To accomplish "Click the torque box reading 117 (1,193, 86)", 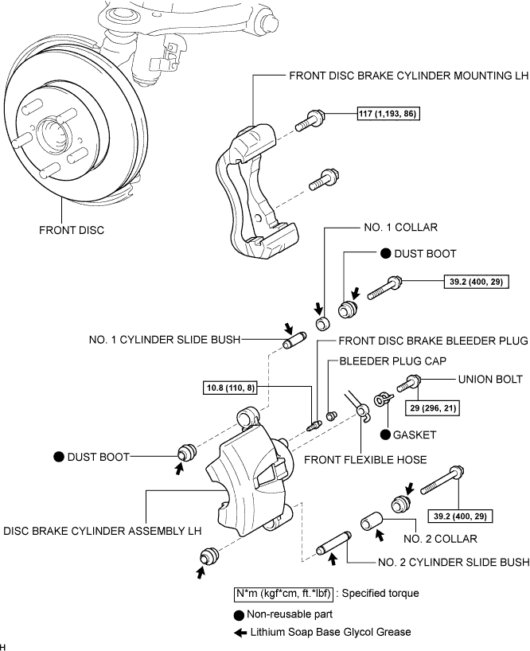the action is coord(388,113).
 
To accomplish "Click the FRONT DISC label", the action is coord(72,230).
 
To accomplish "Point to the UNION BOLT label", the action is coord(490,379).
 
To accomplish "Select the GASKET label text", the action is coord(414,435).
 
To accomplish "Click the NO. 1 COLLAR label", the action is coord(400,227).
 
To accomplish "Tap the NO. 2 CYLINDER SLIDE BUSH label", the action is coord(454,562).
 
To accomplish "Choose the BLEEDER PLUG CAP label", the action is coord(392,361).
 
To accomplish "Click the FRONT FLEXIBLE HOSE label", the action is coord(365,460).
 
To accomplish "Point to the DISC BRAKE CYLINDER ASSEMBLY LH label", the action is coord(103,531).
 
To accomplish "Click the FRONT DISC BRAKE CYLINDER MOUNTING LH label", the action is coord(409,76).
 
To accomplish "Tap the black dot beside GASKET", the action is coord(386,435).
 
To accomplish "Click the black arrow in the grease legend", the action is coord(240,633).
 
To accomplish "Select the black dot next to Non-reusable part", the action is coord(239,615).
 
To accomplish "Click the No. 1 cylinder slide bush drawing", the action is coord(294,341).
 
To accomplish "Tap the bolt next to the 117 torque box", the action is coord(310,119).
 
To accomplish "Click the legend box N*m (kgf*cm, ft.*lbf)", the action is coord(283,594).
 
